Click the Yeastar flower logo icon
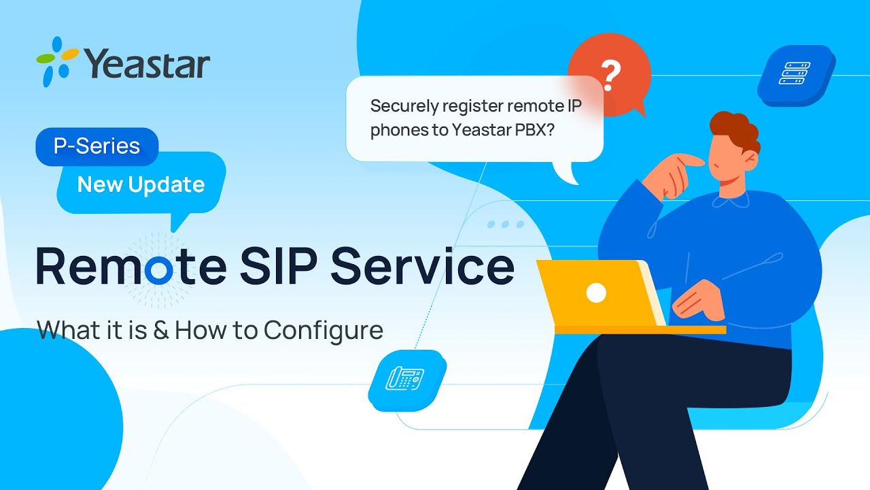(x=56, y=61)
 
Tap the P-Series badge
(x=97, y=146)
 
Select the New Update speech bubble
(x=141, y=184)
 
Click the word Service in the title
(x=423, y=267)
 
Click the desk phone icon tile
(x=405, y=378)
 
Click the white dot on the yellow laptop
(x=596, y=293)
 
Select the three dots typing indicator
(x=505, y=224)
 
